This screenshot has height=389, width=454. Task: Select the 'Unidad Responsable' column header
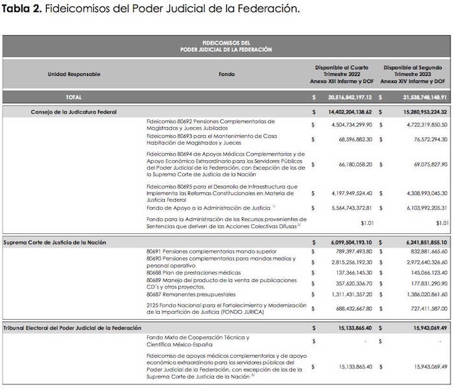click(74, 74)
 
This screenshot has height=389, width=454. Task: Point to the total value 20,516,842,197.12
click(345, 97)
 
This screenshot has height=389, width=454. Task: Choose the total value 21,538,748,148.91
click(413, 97)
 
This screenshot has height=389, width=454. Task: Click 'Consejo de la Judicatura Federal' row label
click(74, 112)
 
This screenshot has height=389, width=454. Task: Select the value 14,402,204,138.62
click(345, 112)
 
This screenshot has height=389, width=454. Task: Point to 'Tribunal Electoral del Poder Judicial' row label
click(71, 328)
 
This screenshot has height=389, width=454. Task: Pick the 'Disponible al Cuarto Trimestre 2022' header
click(342, 74)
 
